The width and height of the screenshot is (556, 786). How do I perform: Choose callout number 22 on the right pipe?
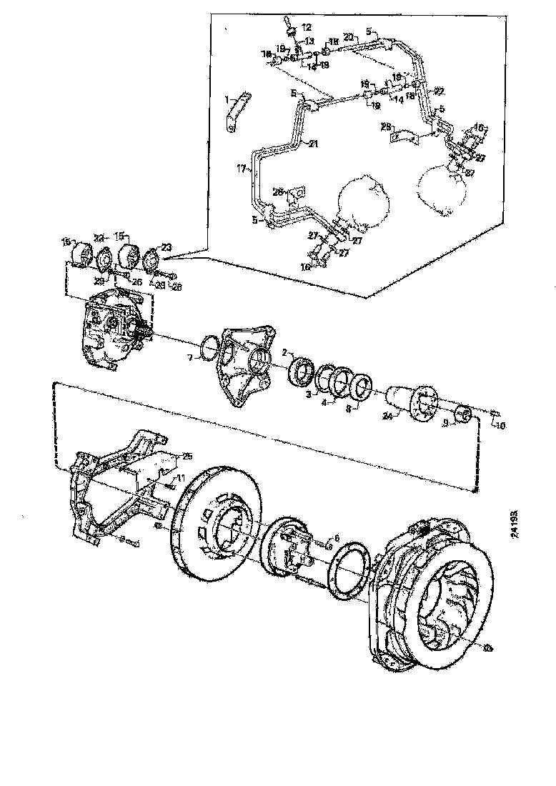[439, 91]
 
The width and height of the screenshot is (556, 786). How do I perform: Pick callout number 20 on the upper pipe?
[349, 36]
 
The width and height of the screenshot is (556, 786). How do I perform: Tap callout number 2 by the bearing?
[284, 352]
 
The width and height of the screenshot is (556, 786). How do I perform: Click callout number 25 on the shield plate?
[187, 455]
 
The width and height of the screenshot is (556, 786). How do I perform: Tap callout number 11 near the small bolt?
[181, 477]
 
